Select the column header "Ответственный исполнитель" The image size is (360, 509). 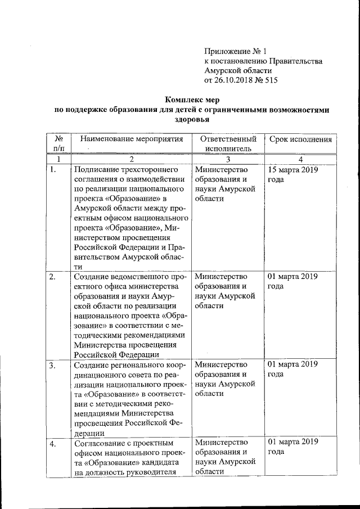227,144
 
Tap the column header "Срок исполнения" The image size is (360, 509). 300,139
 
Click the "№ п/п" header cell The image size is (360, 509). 58,143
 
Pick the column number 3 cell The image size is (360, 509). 227,160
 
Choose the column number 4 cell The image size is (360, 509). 300,160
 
